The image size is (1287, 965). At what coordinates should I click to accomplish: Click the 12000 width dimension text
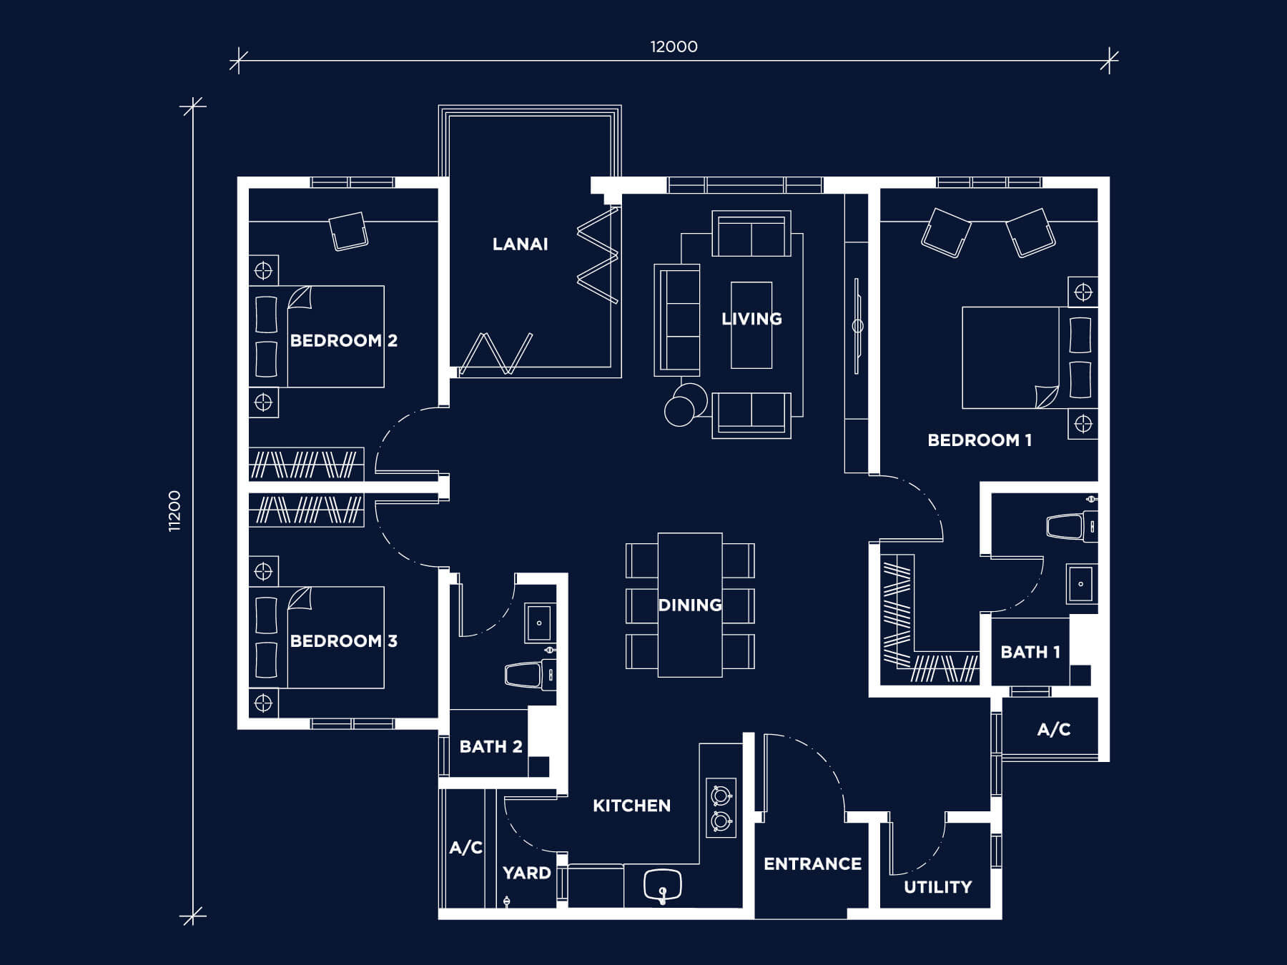(x=674, y=47)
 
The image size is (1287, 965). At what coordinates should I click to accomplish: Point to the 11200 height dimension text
(x=175, y=511)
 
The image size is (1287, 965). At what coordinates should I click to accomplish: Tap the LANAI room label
(x=521, y=244)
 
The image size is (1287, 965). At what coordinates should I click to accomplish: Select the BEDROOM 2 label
(x=343, y=340)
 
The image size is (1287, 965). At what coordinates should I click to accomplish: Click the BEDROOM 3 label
(x=343, y=640)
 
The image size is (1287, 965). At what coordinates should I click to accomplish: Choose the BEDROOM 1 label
(x=980, y=440)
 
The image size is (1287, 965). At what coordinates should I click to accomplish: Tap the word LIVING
(x=751, y=319)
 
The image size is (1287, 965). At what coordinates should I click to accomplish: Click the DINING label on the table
(x=690, y=605)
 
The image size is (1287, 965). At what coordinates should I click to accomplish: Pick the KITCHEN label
(x=632, y=806)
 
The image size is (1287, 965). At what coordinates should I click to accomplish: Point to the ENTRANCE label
(x=812, y=864)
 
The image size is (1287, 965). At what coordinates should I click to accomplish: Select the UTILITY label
(x=938, y=887)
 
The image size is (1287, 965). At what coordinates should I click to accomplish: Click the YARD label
(x=527, y=873)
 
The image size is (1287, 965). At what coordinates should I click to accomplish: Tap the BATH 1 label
(x=1030, y=652)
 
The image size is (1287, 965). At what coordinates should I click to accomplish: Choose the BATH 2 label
(x=491, y=747)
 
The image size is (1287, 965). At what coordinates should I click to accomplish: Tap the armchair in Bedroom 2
(x=348, y=230)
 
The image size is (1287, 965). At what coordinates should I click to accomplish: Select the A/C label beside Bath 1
(x=1054, y=729)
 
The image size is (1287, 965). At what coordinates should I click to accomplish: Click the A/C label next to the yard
(x=466, y=848)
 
